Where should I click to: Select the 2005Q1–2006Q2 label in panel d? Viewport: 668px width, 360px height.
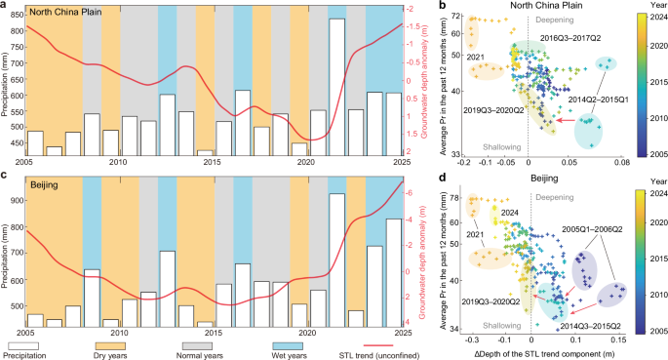[x=594, y=228]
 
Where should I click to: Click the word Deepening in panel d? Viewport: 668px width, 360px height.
[x=560, y=192]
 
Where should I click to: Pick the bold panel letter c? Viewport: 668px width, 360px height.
[x=5, y=176]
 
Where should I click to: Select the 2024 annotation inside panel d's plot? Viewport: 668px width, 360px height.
[x=506, y=212]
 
